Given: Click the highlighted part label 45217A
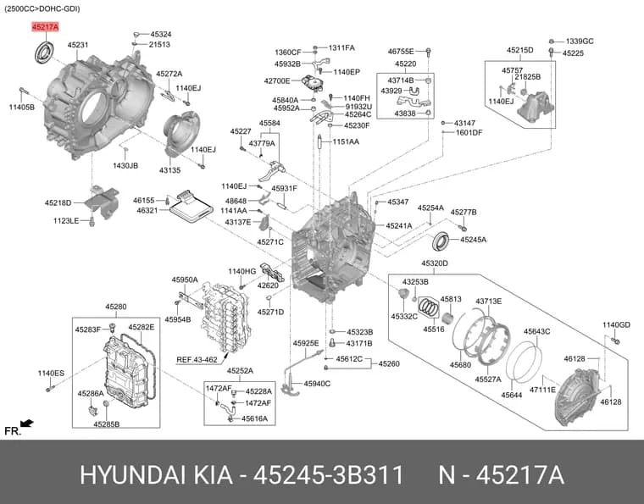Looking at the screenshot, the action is [46, 27].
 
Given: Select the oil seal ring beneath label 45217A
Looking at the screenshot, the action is [44, 53].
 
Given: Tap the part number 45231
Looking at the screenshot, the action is [78, 45].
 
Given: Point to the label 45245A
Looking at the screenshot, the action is [473, 240].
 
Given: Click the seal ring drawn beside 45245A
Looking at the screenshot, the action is [442, 241].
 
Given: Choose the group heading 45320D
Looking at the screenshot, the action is [435, 263].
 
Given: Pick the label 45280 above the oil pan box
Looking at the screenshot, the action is [116, 307].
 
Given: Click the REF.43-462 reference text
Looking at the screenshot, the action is [197, 360].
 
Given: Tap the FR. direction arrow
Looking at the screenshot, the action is [27, 424].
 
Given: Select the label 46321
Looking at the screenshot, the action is [147, 211].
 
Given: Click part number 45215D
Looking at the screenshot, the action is [520, 50].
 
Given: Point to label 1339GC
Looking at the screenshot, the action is [580, 41].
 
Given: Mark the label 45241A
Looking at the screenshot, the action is [399, 225].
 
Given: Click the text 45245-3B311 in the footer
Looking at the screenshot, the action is [328, 475].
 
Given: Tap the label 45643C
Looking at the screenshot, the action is [536, 331].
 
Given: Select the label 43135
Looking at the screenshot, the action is [169, 170].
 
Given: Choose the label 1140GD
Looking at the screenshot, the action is [616, 325].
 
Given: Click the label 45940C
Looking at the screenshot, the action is [317, 384].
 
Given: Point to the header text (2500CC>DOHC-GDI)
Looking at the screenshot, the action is [42, 8].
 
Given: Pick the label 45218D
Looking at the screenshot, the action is [58, 202].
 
